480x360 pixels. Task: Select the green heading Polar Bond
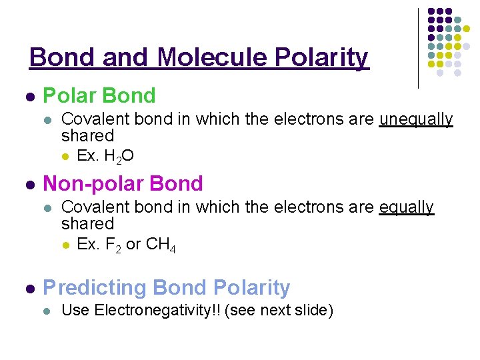pos(99,96)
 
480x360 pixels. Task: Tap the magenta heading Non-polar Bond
pos(123,183)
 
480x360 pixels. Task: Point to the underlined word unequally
pos(416,119)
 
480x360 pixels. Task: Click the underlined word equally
pos(406,207)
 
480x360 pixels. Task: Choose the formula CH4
pos(161,245)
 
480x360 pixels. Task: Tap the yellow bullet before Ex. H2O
pos(65,157)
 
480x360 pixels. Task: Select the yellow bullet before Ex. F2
pos(65,245)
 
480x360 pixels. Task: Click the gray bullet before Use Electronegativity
pos(46,311)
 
